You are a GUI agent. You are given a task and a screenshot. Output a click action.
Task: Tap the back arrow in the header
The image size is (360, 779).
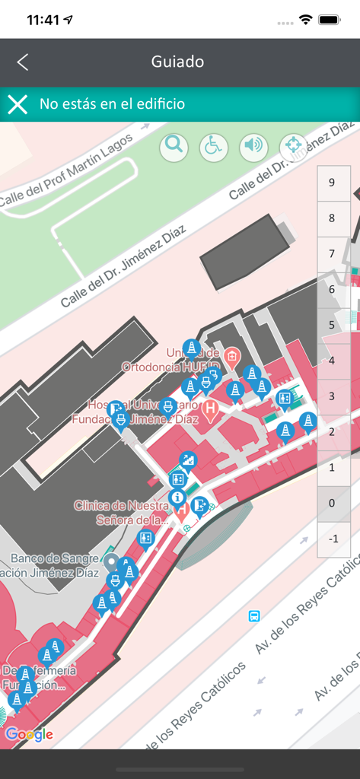(23, 62)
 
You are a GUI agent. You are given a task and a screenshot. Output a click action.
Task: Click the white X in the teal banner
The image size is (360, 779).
(18, 104)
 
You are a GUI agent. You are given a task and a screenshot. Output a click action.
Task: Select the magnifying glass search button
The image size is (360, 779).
(174, 146)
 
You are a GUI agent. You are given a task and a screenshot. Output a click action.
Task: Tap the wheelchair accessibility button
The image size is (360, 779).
(214, 147)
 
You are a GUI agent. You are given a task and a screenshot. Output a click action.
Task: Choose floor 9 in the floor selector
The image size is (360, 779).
(331, 183)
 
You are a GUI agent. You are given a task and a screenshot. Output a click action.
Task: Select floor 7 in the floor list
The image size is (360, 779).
(331, 253)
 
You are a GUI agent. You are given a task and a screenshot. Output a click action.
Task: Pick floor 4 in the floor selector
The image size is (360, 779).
(331, 361)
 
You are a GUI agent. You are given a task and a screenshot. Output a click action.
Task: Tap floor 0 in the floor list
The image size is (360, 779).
(331, 504)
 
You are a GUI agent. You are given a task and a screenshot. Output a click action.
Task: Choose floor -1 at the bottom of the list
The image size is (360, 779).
(331, 539)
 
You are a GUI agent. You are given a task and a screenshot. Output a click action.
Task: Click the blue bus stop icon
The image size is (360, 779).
(254, 616)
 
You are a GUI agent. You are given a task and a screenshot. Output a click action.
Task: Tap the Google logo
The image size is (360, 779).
(29, 734)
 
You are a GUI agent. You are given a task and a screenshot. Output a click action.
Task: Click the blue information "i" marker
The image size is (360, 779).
(178, 499)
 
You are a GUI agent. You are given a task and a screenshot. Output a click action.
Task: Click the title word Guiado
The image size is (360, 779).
(177, 62)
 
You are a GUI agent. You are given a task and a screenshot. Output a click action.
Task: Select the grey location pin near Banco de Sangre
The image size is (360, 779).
(112, 563)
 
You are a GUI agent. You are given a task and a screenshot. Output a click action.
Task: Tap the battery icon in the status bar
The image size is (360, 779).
(329, 20)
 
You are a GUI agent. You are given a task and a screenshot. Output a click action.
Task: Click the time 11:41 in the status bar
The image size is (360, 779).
(43, 21)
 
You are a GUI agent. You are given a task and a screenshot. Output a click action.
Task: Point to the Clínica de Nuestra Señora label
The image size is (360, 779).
(121, 513)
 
